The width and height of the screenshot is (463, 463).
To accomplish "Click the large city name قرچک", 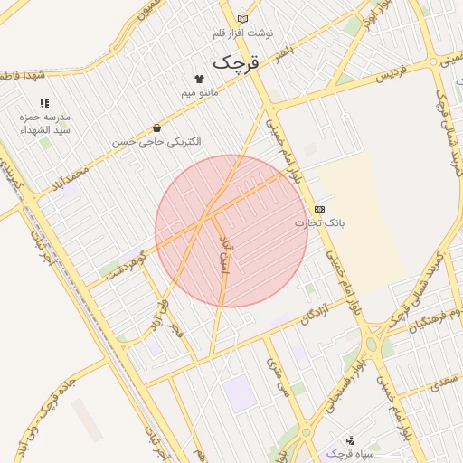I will point(235,63).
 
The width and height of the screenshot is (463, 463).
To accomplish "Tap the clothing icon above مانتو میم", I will point(199,79).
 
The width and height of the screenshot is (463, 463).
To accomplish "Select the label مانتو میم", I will point(199,92).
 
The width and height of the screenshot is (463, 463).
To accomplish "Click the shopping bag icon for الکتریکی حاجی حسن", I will point(157,128).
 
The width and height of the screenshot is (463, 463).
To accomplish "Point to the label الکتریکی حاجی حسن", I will point(157,142).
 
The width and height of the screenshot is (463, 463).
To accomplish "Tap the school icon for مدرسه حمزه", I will point(45,104).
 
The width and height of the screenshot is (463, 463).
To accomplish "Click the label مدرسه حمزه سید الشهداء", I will point(45,124).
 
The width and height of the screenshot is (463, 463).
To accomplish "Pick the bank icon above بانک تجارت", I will point(319,209).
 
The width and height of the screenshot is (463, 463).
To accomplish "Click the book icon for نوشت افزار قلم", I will point(242,19).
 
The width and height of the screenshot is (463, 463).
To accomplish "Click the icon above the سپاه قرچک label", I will point(350,439).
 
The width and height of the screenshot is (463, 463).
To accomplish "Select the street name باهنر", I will point(287,45).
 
